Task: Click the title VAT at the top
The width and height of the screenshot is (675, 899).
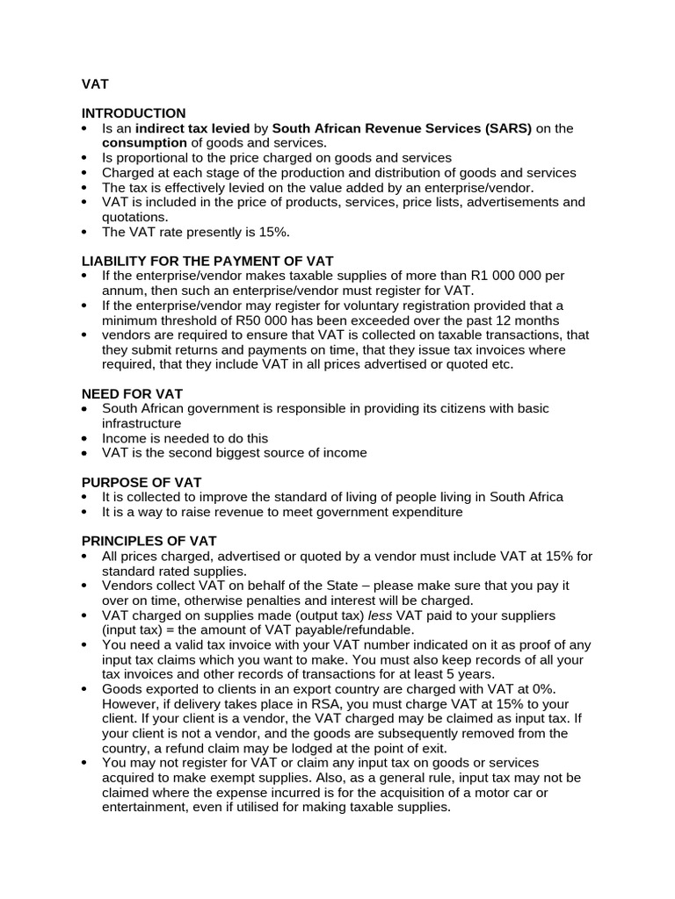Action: click(95, 85)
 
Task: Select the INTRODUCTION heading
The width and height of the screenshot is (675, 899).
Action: click(134, 113)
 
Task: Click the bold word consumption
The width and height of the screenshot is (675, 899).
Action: click(144, 142)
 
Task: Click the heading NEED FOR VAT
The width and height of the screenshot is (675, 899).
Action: click(132, 393)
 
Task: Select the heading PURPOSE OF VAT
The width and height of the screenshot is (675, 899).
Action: click(142, 482)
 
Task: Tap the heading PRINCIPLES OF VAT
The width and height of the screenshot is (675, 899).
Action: click(149, 541)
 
